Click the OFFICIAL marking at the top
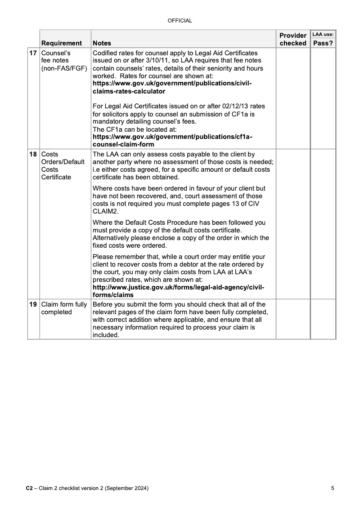point(180,20)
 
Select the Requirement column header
point(62,43)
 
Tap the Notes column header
point(102,43)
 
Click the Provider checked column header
point(292,39)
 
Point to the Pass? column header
point(323,43)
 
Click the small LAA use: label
point(323,34)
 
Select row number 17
point(33,53)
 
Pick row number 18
point(33,154)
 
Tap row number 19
point(33,304)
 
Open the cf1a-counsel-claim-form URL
point(172,140)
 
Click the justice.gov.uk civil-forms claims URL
point(178,291)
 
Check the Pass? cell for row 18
point(323,223)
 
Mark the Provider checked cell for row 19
point(292,319)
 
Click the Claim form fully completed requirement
point(64,308)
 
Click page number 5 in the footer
point(332,488)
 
